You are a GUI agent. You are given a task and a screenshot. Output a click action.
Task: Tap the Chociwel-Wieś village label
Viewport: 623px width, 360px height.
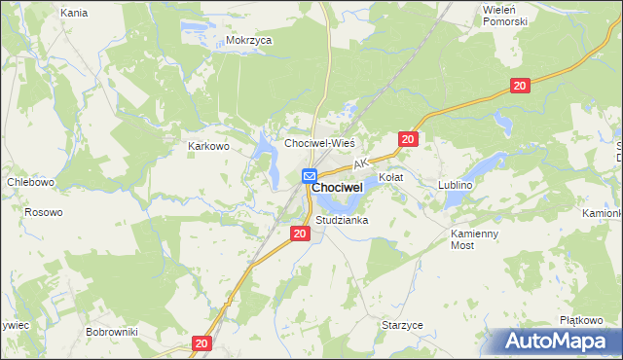[318, 142]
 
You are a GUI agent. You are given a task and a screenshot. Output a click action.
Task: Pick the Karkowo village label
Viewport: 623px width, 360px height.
[207, 147]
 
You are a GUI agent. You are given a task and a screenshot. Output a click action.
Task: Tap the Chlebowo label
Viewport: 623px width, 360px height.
[30, 181]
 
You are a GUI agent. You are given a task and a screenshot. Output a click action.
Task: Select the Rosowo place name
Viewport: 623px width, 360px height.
[44, 212]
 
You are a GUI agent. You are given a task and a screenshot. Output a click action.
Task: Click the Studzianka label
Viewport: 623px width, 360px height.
[341, 221]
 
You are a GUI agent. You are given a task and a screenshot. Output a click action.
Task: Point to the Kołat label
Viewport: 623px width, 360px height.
[390, 178]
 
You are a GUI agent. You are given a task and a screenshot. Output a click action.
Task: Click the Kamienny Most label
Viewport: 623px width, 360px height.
[476, 240]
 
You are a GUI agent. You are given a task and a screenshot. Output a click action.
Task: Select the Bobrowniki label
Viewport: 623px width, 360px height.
[112, 332]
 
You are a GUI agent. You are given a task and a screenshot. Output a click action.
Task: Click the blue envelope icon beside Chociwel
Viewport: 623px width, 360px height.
[309, 176]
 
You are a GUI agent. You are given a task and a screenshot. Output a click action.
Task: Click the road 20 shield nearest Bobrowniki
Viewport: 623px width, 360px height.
[202, 343]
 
